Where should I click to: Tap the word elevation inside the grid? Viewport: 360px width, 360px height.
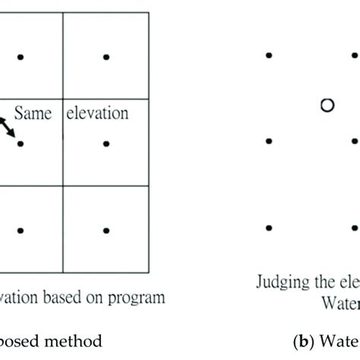click(98, 114)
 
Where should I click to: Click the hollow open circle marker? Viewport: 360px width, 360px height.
click(327, 106)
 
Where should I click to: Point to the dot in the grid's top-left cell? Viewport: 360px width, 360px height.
click(21, 56)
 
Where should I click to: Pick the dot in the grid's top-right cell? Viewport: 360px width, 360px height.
click(106, 56)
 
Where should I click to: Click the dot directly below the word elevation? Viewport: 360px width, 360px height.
click(106, 142)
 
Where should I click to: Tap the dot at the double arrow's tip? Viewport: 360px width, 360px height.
click(21, 142)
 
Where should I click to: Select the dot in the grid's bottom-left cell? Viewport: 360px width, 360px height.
click(21, 229)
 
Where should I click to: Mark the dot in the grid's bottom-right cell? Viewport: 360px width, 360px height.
click(106, 229)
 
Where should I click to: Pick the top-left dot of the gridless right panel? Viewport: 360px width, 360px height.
click(269, 55)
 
